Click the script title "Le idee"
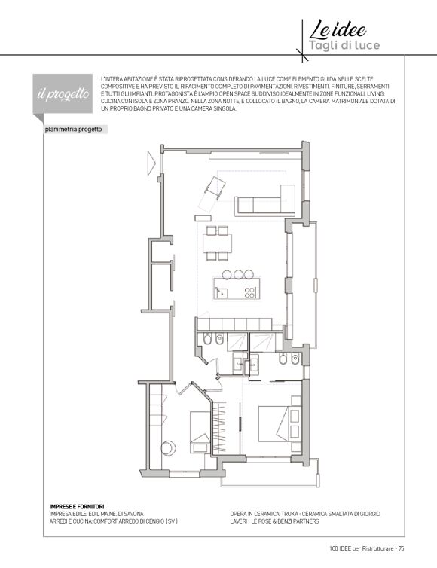pyautogui.click(x=338, y=29)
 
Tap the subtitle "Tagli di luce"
pyautogui.click(x=344, y=45)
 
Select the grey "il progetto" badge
pyautogui.click(x=63, y=94)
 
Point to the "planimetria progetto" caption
pyautogui.click(x=73, y=130)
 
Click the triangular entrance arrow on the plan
pyautogui.click(x=151, y=163)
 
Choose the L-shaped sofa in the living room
pyautogui.click(x=265, y=200)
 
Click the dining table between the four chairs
pyautogui.click(x=218, y=243)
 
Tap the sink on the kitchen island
pyautogui.click(x=221, y=292)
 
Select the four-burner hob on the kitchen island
pyautogui.click(x=250, y=292)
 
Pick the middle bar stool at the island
pyautogui.click(x=237, y=274)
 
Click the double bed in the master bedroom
pyautogui.click(x=280, y=424)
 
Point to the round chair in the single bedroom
pyautogui.click(x=168, y=448)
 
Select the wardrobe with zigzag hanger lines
pyautogui.click(x=219, y=427)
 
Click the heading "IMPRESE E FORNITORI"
pyautogui.click(x=77, y=507)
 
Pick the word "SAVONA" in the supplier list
pyautogui.click(x=133, y=514)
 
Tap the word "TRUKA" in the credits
pyautogui.click(x=289, y=514)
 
